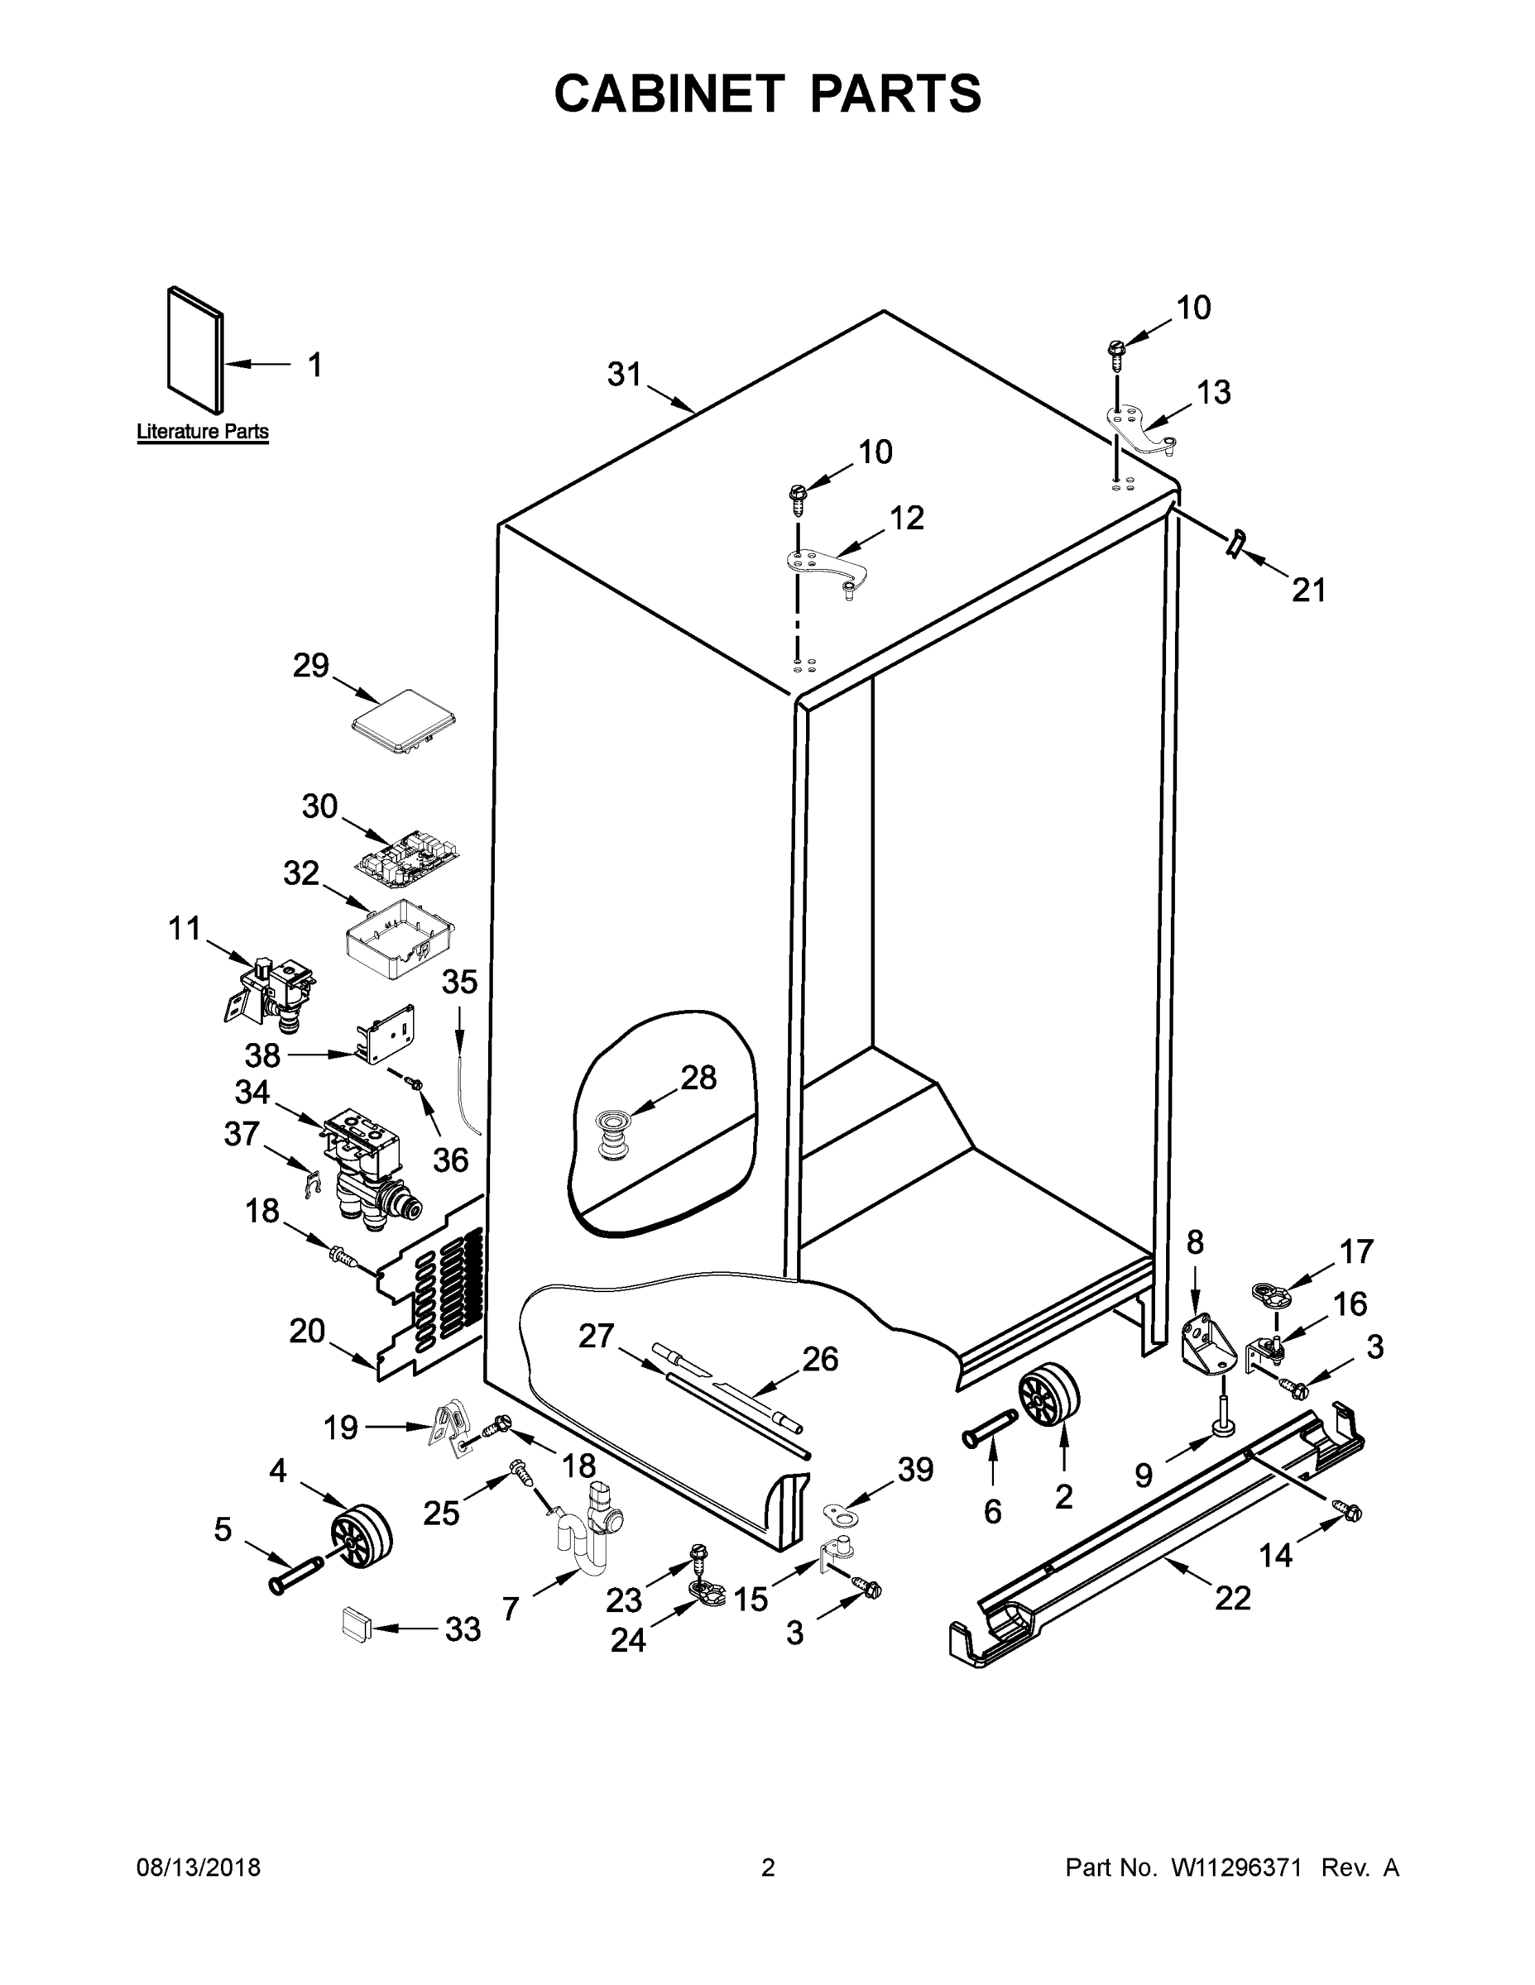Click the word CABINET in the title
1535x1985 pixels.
tap(669, 93)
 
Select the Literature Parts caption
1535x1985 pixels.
tap(203, 431)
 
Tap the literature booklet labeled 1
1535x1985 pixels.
tap(194, 350)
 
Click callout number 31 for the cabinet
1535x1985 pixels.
tap(624, 375)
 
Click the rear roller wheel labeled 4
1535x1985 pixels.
tap(361, 1535)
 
